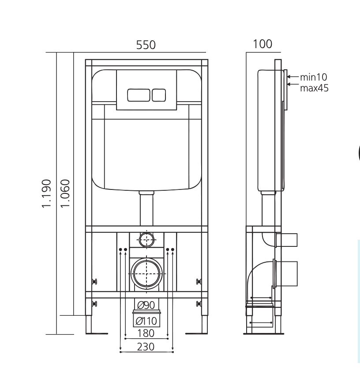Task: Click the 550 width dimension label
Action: click(x=146, y=45)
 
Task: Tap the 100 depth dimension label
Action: click(x=262, y=44)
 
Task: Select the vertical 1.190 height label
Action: click(x=46, y=194)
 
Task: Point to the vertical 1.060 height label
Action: click(x=65, y=194)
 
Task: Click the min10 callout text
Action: click(x=314, y=77)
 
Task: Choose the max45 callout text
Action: click(x=314, y=88)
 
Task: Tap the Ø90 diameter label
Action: click(x=146, y=305)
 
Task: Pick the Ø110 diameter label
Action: click(x=146, y=321)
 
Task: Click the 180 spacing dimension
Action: click(x=146, y=333)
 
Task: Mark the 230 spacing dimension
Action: click(x=146, y=347)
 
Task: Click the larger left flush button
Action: click(x=139, y=95)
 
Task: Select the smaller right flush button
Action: click(x=159, y=95)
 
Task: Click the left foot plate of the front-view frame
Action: click(x=97, y=333)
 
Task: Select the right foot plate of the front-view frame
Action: click(x=196, y=333)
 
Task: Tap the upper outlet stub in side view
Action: click(x=286, y=240)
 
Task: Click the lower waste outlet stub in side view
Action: click(x=285, y=274)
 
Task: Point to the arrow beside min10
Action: click(x=293, y=77)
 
